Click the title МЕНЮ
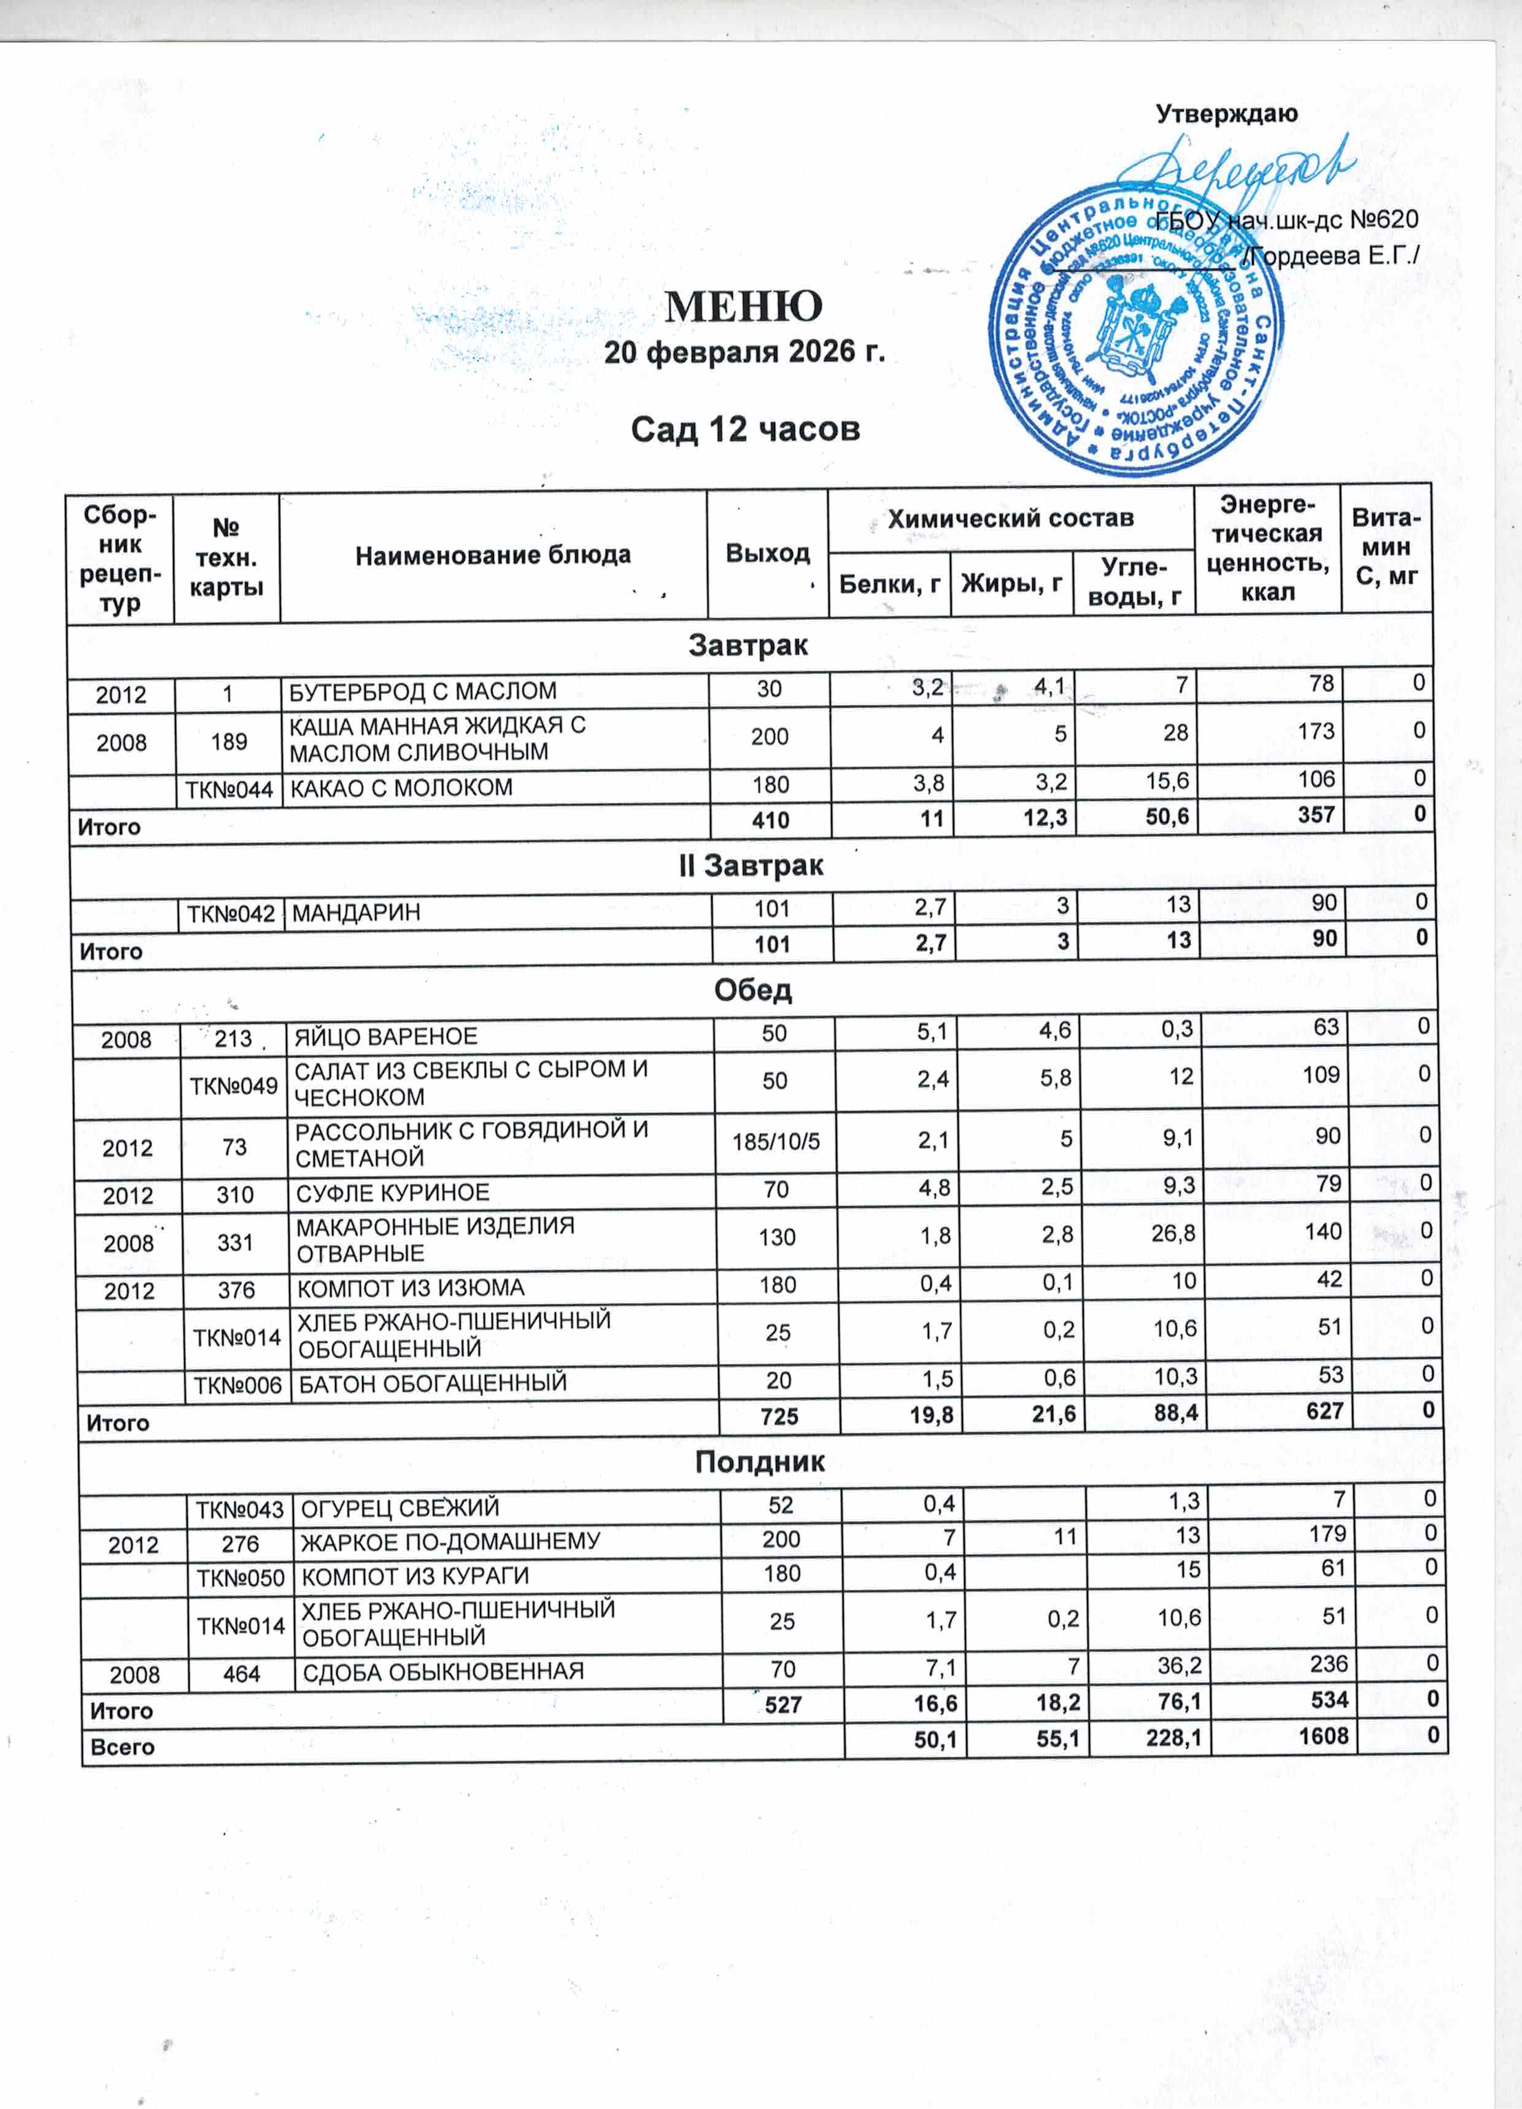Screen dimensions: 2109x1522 pyautogui.click(x=744, y=305)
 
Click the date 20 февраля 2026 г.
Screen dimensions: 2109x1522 pyautogui.click(x=744, y=352)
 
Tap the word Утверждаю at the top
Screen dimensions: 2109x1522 pyautogui.click(x=1226, y=114)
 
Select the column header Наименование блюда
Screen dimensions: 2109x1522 pyautogui.click(x=493, y=555)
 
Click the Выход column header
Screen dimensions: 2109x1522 pyautogui.click(x=767, y=553)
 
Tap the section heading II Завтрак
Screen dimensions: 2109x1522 pyautogui.click(x=751, y=865)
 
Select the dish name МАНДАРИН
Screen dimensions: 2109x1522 pyautogui.click(x=356, y=912)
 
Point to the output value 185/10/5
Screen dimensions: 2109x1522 pyautogui.click(x=776, y=1141)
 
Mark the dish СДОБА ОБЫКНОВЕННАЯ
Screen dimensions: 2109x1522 pyautogui.click(x=444, y=1671)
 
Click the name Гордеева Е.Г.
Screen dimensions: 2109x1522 pyautogui.click(x=1334, y=256)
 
